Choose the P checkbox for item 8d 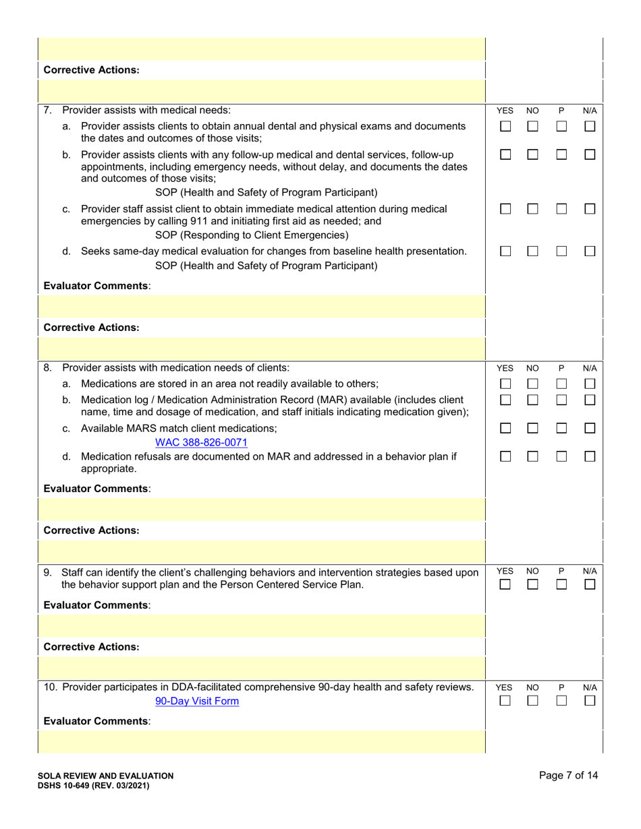[561, 458]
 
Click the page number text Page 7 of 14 [569, 775]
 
